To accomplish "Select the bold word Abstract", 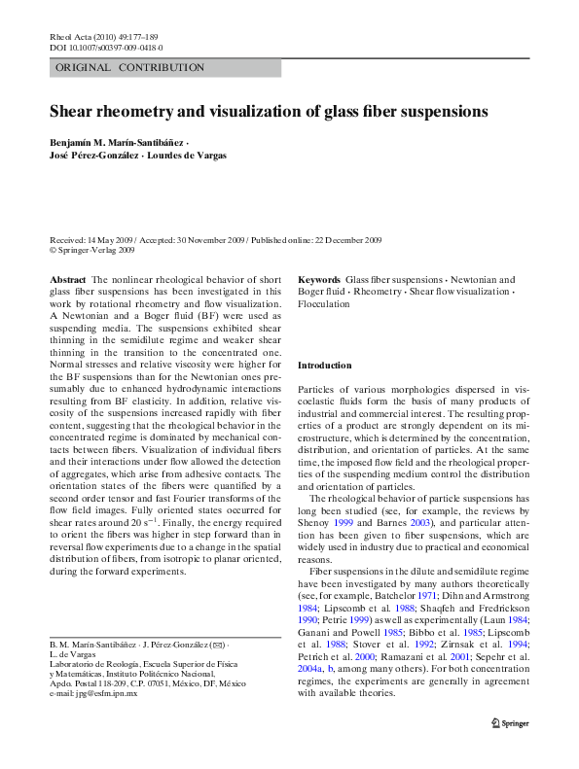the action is (67, 279).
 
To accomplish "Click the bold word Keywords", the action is (318, 279).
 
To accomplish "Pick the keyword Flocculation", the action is (323, 303).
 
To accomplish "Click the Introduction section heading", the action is (324, 365).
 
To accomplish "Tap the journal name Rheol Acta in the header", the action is (68, 36).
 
